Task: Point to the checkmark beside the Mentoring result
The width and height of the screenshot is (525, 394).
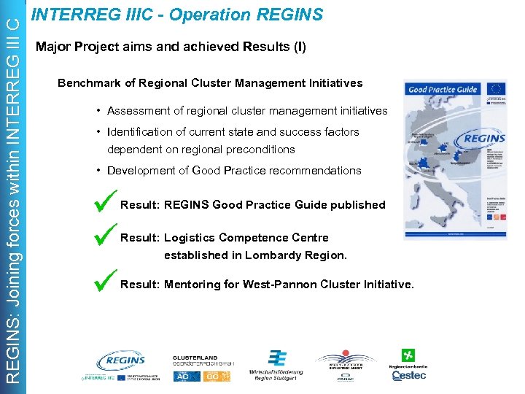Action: tap(106, 282)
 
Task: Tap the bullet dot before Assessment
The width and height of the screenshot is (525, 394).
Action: tap(98, 111)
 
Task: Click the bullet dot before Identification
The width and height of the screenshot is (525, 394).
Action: tap(98, 132)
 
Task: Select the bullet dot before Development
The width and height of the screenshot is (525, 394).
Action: tap(98, 170)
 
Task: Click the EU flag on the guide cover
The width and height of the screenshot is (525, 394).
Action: tap(497, 90)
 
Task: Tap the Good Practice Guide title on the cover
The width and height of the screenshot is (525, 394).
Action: tap(443, 90)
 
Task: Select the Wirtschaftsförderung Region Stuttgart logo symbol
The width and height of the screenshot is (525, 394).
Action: tap(276, 358)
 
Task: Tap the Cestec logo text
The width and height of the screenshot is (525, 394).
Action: tap(408, 375)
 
